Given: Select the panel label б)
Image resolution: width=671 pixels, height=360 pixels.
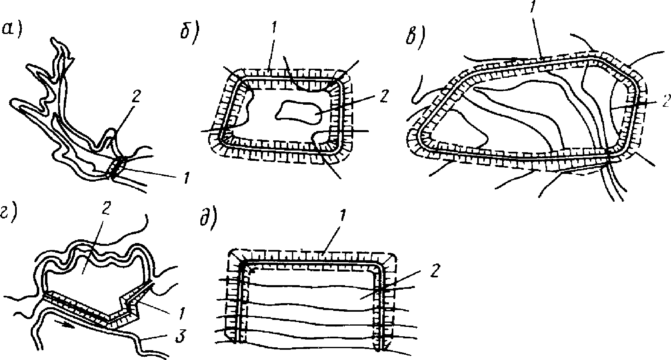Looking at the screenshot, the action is [189, 34].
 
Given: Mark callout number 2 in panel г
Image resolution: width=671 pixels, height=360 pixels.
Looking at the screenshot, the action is [105, 207].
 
